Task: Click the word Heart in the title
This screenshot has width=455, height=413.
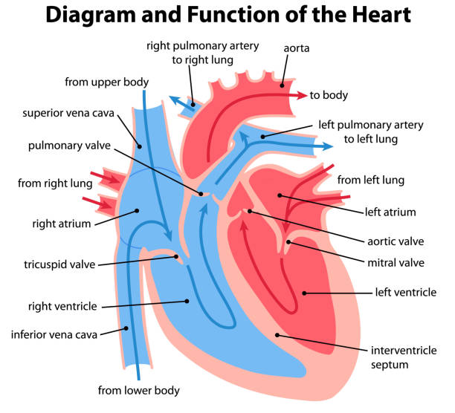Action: [x=381, y=15]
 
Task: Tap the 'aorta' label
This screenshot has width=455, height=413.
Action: [x=297, y=48]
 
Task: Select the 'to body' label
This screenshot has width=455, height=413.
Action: [x=329, y=95]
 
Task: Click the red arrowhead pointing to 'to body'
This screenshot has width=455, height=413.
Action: [x=302, y=95]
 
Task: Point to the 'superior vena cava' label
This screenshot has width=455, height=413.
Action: [x=68, y=113]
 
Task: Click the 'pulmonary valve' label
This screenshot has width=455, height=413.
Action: [x=69, y=146]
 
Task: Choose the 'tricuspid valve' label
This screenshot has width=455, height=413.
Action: [x=59, y=264]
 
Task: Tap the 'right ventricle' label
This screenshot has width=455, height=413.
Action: [x=62, y=306]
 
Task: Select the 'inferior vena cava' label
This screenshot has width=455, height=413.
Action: [x=54, y=334]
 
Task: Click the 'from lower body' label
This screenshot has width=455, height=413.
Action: [x=139, y=391]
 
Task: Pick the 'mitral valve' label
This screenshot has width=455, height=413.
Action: [x=396, y=263]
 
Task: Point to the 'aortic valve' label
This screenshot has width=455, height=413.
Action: [x=396, y=241]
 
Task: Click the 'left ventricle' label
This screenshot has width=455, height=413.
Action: [x=406, y=292]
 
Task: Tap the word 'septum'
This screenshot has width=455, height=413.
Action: [x=390, y=365]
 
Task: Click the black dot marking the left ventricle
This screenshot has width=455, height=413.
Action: [x=304, y=293]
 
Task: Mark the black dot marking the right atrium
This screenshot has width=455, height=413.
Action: [x=137, y=211]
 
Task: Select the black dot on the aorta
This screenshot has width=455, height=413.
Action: [x=282, y=85]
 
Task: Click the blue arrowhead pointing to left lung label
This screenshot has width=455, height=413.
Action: [x=328, y=146]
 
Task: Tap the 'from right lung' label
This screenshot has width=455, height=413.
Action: [x=55, y=183]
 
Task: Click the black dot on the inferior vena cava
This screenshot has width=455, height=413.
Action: [x=126, y=328]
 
